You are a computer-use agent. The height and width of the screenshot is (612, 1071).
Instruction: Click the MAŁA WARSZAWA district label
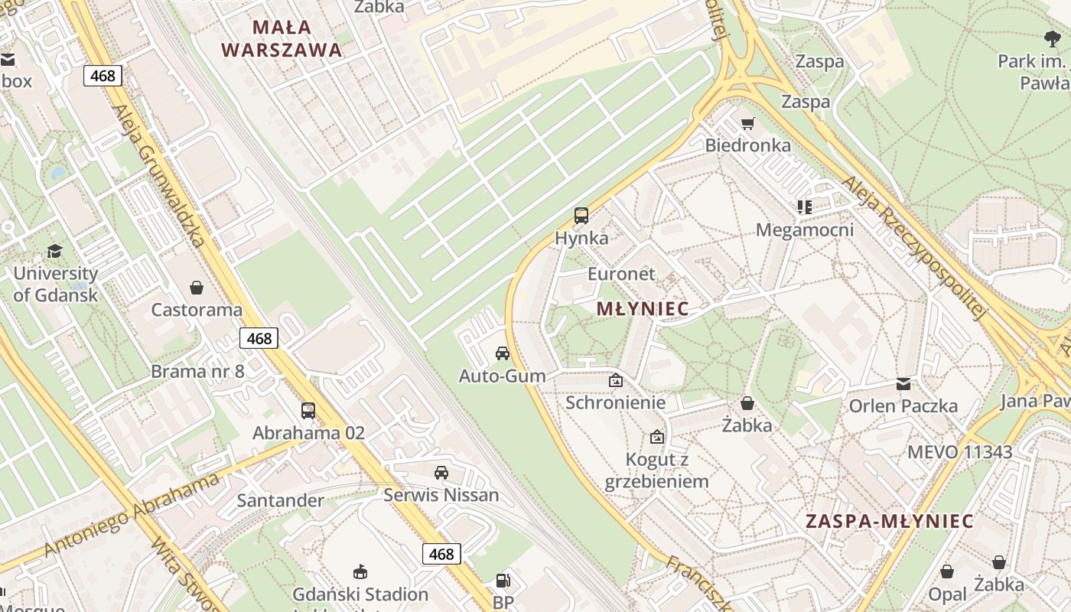pyautogui.click(x=281, y=38)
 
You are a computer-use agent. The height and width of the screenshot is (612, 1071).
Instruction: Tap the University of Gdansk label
pyautogui.click(x=56, y=284)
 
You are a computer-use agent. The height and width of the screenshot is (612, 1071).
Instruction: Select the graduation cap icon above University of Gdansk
pyautogui.click(x=54, y=252)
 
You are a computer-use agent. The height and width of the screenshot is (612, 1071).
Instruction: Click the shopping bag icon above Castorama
pyautogui.click(x=197, y=288)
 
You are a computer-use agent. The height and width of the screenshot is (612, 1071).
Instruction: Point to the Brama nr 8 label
pyautogui.click(x=197, y=372)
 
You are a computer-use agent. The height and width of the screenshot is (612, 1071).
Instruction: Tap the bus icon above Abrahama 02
pyautogui.click(x=308, y=411)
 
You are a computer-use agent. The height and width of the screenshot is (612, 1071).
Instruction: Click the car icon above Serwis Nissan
pyautogui.click(x=441, y=473)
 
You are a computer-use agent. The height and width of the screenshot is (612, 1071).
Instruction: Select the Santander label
pyautogui.click(x=280, y=500)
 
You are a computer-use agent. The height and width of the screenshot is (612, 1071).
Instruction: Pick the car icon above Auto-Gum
pyautogui.click(x=503, y=353)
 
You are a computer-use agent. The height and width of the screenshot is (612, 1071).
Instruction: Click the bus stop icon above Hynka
pyautogui.click(x=581, y=216)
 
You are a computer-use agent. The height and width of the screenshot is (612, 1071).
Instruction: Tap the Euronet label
pyautogui.click(x=621, y=274)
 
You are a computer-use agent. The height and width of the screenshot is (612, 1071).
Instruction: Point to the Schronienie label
pyautogui.click(x=616, y=402)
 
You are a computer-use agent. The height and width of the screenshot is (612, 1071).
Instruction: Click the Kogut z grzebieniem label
pyautogui.click(x=657, y=470)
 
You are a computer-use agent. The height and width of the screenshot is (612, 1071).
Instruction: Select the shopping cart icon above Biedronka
pyautogui.click(x=747, y=123)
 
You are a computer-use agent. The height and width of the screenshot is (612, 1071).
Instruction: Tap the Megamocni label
pyautogui.click(x=805, y=229)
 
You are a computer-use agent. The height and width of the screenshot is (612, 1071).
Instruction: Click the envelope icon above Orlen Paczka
pyautogui.click(x=903, y=384)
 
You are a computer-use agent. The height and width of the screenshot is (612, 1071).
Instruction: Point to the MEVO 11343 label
pyautogui.click(x=959, y=452)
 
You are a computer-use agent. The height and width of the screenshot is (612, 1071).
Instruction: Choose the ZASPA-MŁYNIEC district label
pyautogui.click(x=889, y=522)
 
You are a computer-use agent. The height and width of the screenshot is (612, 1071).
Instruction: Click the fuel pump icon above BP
pyautogui.click(x=503, y=581)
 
